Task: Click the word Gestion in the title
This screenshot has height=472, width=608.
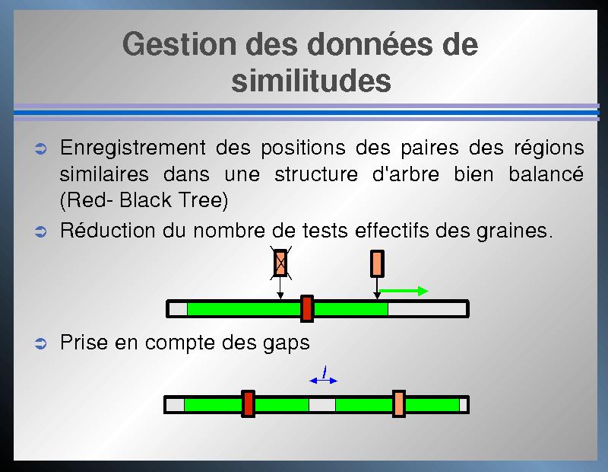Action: [x=179, y=44]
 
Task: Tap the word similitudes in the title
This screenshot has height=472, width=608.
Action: [x=311, y=81]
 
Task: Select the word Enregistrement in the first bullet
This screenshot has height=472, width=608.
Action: [x=132, y=148]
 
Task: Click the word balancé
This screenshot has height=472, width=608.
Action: [x=546, y=174]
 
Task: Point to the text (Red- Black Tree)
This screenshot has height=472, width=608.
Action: [x=144, y=201]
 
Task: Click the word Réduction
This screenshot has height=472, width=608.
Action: [x=107, y=230]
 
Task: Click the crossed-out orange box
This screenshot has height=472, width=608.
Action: [x=280, y=263]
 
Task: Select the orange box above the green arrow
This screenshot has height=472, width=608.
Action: [x=377, y=263]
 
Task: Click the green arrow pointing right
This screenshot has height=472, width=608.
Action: [x=404, y=291]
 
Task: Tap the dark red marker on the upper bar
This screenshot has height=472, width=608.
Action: [x=307, y=309]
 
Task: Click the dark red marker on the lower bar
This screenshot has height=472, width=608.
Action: [x=248, y=404]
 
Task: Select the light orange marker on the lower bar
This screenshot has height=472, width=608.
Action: [x=398, y=404]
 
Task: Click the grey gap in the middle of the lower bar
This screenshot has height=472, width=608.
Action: [x=321, y=404]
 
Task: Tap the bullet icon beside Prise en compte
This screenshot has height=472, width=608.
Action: [x=41, y=343]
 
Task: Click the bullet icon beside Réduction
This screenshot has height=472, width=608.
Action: [x=41, y=231]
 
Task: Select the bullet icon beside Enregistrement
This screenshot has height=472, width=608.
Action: [x=41, y=148]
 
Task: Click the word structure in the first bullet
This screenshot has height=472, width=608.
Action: [x=316, y=174]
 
